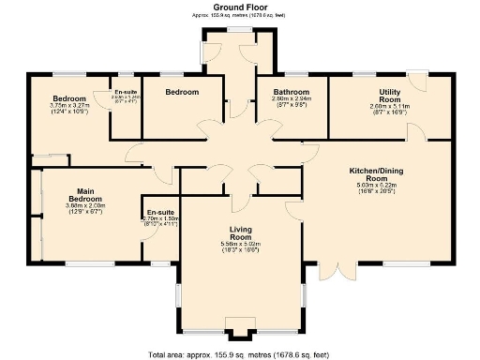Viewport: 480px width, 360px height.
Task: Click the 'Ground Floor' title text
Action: point(239,7)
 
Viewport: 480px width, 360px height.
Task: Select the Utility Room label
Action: point(389,95)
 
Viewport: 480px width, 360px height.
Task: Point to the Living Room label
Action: point(241,234)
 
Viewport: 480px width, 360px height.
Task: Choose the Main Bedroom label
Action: point(84,196)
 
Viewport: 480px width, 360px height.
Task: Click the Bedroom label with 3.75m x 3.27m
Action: point(69,98)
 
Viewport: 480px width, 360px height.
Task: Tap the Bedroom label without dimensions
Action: point(182,92)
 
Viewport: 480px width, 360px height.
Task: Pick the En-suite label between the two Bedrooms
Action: point(125,92)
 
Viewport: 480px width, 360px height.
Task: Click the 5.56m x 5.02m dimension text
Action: point(241,245)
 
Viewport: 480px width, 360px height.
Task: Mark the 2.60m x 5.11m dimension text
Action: point(389,107)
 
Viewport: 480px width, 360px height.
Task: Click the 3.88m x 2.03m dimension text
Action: point(84,206)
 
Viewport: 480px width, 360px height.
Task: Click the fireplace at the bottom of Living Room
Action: point(241,330)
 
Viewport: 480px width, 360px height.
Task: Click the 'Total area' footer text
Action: point(239,354)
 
